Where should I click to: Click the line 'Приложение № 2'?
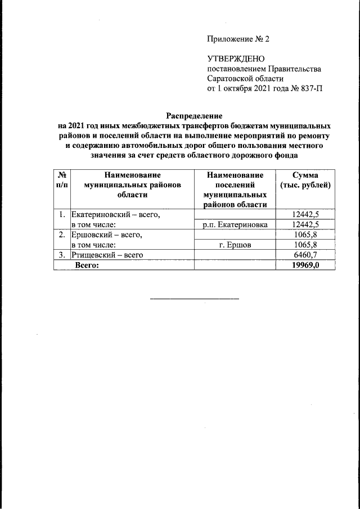coord(238,39)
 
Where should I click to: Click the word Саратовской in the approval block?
coord(231,79)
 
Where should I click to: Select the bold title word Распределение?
coord(191,115)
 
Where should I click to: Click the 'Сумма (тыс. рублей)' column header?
coord(305,181)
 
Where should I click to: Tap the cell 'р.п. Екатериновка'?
coord(235,224)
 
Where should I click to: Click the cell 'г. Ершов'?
coord(235,245)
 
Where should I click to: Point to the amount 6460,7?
coord(305,255)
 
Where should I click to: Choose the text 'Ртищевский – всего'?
coord(106,255)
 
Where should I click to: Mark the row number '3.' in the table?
coord(61,255)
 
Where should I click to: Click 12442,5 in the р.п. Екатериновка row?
coord(305,224)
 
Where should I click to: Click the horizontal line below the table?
coord(194,298)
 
